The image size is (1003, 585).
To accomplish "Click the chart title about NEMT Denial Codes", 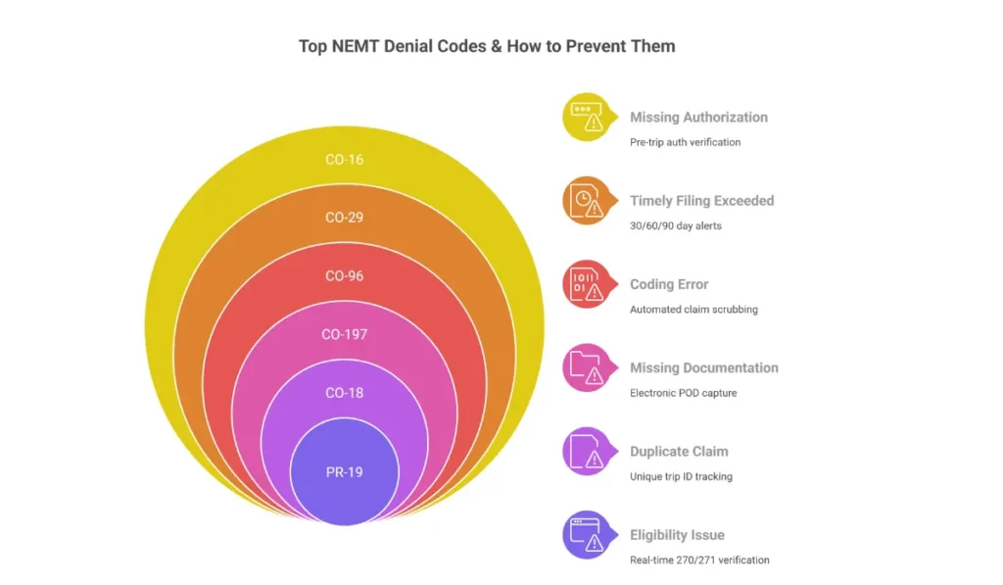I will [487, 46].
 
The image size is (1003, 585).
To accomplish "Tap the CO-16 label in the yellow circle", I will [344, 159].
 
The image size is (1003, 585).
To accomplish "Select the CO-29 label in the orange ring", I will [344, 217].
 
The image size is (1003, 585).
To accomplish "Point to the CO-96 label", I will [344, 275].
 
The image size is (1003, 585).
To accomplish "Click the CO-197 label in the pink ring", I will [344, 334].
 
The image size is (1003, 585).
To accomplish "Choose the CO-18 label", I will [344, 393].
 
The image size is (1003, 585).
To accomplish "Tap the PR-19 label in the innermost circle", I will [344, 472].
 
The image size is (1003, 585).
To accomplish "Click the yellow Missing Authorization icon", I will [586, 118].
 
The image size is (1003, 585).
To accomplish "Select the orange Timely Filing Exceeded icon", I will [586, 201].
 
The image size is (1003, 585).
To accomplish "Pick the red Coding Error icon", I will [586, 284].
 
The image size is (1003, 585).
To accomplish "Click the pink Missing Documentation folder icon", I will [586, 367].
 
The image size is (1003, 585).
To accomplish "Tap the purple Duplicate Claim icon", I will [586, 452].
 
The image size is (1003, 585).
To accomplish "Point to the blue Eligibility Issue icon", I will [586, 535].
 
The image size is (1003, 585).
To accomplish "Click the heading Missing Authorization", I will [698, 117].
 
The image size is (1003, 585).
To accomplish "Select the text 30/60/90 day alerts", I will [676, 225].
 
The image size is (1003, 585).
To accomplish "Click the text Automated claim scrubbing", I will [693, 310].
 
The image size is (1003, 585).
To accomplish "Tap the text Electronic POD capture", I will [683, 393].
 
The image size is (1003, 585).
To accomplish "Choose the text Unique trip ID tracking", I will [681, 476].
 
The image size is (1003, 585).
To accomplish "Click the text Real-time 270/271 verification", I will [699, 560].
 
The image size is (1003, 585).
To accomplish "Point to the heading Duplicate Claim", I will [679, 452].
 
